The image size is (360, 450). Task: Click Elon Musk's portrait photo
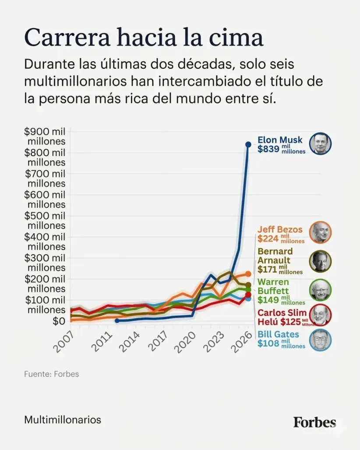tap(320, 144)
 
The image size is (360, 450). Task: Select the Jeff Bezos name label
tap(280, 229)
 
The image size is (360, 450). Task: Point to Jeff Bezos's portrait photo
tap(320, 232)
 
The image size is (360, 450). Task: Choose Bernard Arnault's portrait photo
tap(320, 261)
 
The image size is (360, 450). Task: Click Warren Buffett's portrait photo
tap(320, 290)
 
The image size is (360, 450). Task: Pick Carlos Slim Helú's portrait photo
tap(320, 315)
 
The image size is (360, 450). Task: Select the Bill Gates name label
tap(278, 335)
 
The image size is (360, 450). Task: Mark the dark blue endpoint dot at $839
tap(248, 144)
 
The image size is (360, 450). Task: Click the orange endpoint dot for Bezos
tap(248, 274)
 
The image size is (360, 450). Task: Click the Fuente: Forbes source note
tap(51, 374)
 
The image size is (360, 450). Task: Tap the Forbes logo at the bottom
tap(314, 422)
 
